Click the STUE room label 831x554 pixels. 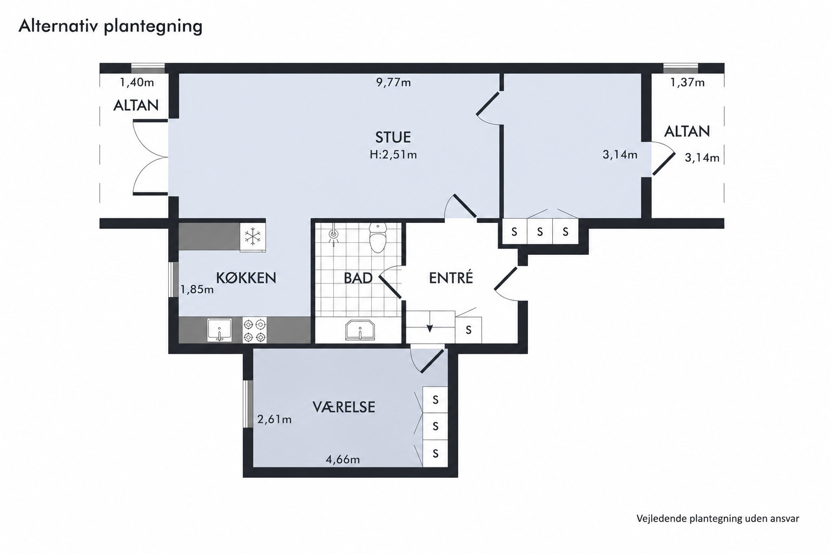point(393,137)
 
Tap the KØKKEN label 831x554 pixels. point(246,278)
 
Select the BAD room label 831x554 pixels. point(358,278)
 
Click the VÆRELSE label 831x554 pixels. point(344,407)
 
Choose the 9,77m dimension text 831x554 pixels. point(393,82)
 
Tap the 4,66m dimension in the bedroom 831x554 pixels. point(343,460)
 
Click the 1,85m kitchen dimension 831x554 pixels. point(197,289)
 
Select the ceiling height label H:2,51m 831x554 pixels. point(393,154)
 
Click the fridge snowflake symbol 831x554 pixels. point(253,236)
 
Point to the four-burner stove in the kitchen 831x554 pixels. point(254,330)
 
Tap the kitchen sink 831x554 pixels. point(220,330)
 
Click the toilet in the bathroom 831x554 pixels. point(378,238)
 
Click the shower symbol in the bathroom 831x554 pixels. point(334,234)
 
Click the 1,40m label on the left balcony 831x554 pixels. point(137,82)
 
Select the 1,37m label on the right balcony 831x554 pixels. point(687,82)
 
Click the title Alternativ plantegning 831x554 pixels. point(110,27)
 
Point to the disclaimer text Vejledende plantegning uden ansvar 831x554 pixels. point(718,519)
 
